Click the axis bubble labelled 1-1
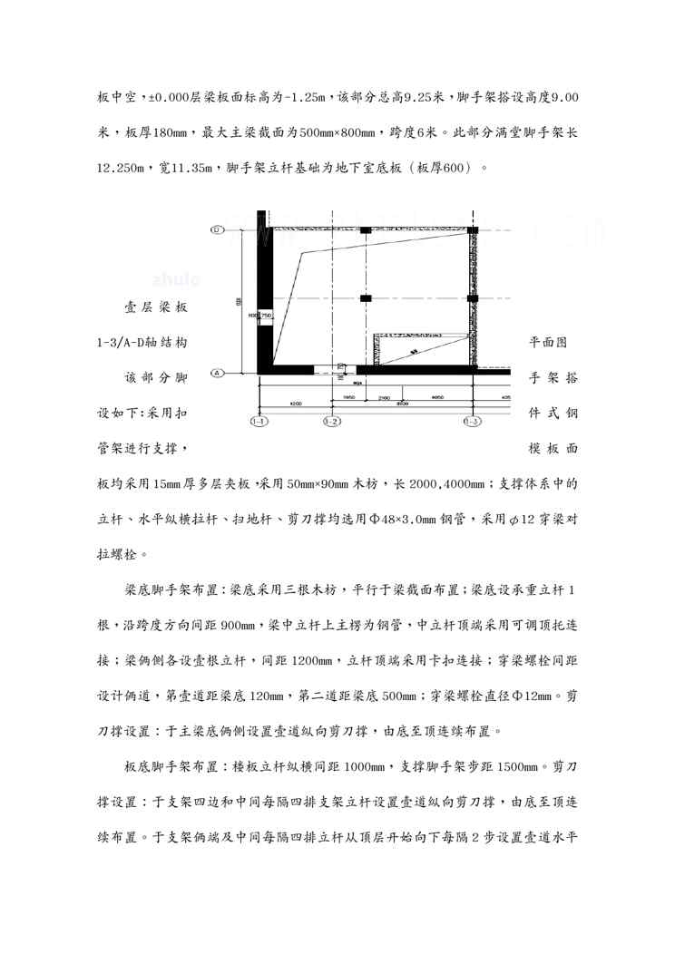point(259,421)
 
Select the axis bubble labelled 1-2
point(331,421)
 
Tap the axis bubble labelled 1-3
point(471,421)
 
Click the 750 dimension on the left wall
point(267,315)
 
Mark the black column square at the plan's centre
point(365,297)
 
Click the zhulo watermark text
point(177,279)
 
